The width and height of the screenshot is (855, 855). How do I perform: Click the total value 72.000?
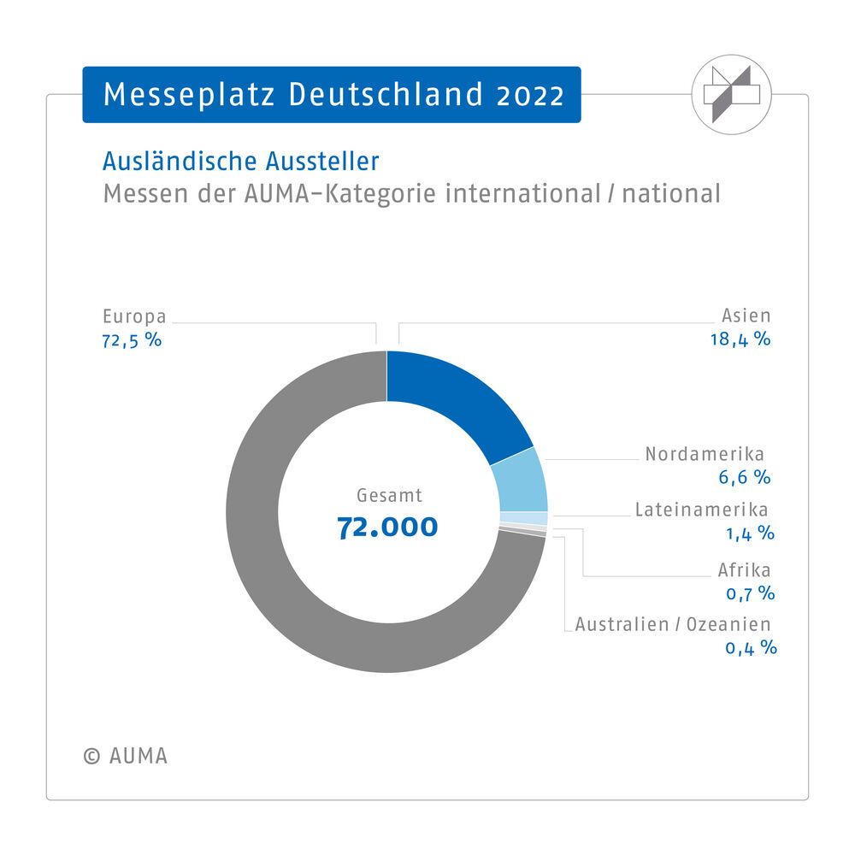coord(387,527)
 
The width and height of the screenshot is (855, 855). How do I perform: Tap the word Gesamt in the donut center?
coord(389,494)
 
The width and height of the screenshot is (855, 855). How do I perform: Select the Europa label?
coord(133,316)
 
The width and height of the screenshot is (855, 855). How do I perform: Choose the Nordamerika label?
coord(705,453)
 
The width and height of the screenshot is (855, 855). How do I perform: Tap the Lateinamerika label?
coord(701,510)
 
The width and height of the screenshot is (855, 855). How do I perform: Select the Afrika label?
coord(745,569)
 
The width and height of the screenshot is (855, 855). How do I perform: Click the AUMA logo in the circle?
coord(731,96)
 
